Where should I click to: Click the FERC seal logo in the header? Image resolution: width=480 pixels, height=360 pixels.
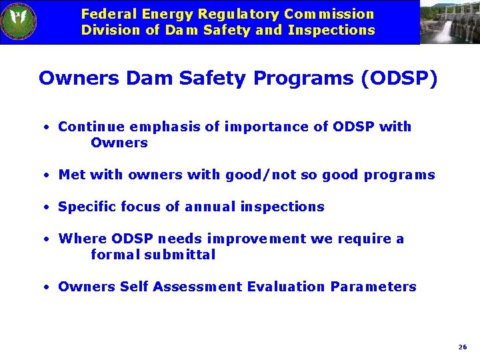(x=19, y=22)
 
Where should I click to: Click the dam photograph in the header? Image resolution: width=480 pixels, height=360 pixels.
(x=449, y=22)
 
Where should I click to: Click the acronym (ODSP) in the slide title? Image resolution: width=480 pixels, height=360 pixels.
(x=399, y=79)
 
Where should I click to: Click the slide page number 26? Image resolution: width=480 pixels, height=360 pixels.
(x=463, y=347)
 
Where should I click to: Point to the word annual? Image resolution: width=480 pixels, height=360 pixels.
(x=209, y=207)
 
